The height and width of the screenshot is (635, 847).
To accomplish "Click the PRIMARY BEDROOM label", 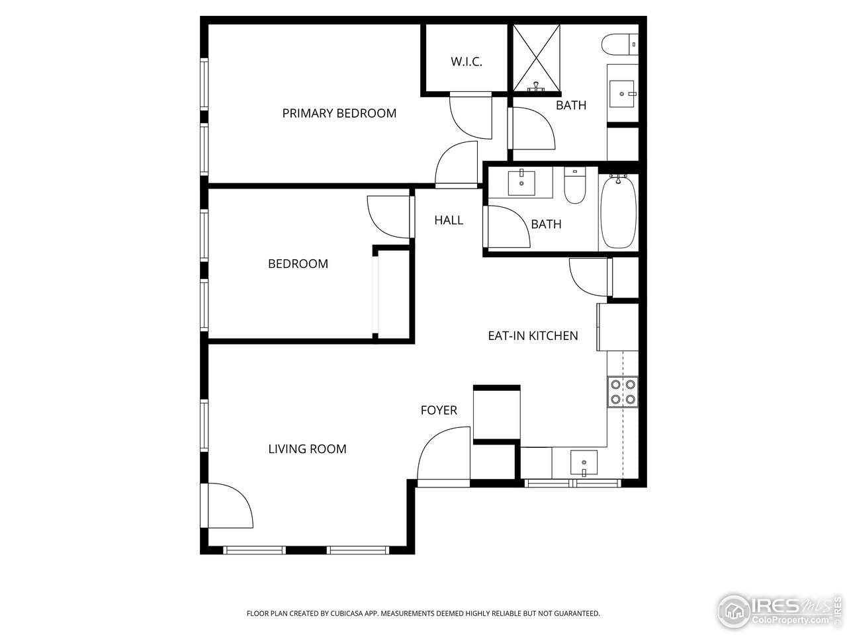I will [x=339, y=113].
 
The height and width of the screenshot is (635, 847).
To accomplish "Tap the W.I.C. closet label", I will [x=467, y=62].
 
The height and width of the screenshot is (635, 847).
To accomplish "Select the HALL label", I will [x=449, y=220].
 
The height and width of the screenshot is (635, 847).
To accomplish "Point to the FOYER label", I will [x=439, y=410].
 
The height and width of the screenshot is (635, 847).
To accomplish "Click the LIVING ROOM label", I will [x=307, y=449].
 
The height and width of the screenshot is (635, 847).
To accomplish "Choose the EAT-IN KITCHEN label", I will [x=533, y=336].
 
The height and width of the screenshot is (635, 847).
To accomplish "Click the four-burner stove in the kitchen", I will [x=622, y=391].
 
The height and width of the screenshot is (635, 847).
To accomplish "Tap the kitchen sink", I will [x=584, y=462].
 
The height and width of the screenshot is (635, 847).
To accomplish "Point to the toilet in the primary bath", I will [x=620, y=44].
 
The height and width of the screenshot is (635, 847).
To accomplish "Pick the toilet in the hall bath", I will [x=575, y=185].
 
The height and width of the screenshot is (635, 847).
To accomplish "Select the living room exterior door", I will [x=228, y=506].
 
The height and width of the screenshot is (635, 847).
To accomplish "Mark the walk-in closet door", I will [x=470, y=116].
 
